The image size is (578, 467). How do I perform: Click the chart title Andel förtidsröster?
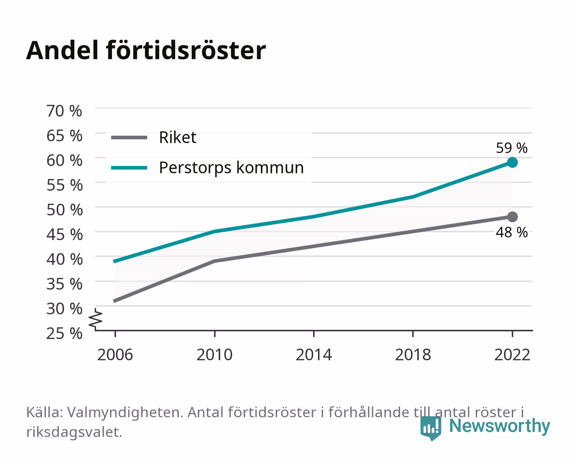(x=146, y=51)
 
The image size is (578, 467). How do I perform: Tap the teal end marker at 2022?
(x=512, y=163)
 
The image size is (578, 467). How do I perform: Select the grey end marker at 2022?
(x=512, y=217)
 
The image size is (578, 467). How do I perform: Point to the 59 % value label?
(x=511, y=148)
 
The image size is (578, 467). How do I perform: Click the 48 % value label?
(x=511, y=232)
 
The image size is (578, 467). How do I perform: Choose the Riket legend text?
(x=177, y=137)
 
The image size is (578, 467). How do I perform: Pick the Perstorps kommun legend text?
(x=231, y=168)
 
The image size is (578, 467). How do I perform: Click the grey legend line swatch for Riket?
(x=129, y=138)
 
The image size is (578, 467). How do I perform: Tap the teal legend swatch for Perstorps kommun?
(x=129, y=168)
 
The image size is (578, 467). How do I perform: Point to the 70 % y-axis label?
(x=64, y=111)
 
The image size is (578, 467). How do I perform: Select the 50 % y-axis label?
(x=64, y=210)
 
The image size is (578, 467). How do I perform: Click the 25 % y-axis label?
(x=64, y=333)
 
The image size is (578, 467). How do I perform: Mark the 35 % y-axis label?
(x=64, y=284)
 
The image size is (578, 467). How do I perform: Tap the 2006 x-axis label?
(x=115, y=355)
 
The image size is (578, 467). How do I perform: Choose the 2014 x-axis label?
(x=314, y=355)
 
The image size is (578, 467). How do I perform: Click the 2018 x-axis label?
(x=413, y=355)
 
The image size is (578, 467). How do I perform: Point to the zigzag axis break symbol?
(x=96, y=319)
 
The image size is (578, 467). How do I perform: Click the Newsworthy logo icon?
(x=431, y=429)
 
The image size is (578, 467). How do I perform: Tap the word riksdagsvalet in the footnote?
(x=74, y=432)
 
